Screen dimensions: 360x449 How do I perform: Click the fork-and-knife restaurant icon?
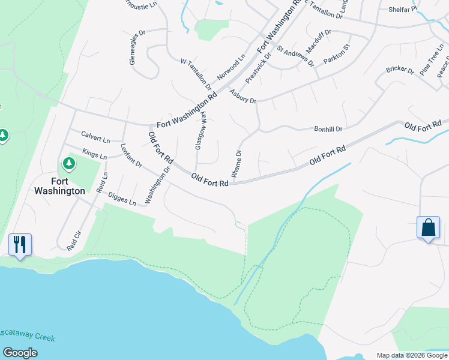(x=20, y=244)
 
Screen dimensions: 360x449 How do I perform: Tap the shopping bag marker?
(x=428, y=228)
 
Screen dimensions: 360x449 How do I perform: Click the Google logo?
(x=20, y=353)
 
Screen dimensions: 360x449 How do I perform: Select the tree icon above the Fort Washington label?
(x=69, y=163)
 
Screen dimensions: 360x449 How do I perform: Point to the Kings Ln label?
(x=94, y=155)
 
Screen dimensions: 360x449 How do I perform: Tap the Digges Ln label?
(x=122, y=199)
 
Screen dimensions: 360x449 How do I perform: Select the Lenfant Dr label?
(x=131, y=155)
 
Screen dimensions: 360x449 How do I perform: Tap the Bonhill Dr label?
(x=328, y=129)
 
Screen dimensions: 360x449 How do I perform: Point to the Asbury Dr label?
(x=243, y=96)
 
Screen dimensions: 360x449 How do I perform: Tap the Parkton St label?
(x=337, y=56)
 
